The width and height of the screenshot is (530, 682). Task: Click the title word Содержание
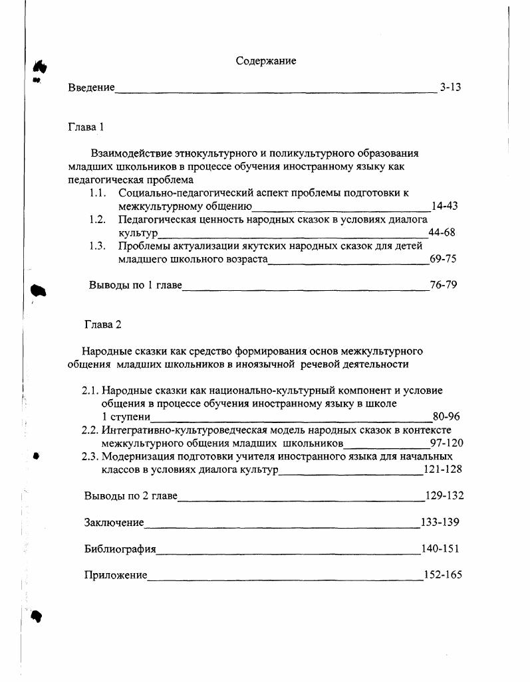pos(266,61)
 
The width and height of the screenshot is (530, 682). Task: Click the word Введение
pos(91,88)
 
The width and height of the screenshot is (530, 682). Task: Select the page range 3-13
pos(450,87)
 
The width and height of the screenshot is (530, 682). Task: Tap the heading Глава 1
pos(86,126)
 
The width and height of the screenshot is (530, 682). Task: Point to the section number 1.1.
pos(98,193)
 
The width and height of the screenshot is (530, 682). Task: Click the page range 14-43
pos(444,206)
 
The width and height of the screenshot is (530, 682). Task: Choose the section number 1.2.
pos(98,220)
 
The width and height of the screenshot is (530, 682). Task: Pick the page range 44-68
pos(442,232)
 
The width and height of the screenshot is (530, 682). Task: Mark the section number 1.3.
pos(98,246)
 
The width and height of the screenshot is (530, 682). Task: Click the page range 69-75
pos(443,259)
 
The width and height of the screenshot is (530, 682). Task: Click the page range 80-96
pos(446,417)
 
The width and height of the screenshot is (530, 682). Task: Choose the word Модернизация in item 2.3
pos(136,457)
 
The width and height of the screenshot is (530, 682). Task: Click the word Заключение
pos(114,523)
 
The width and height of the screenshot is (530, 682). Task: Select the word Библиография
pos(120,549)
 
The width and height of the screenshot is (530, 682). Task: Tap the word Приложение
pos(116,576)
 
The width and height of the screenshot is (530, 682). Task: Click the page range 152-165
pos(442,575)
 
